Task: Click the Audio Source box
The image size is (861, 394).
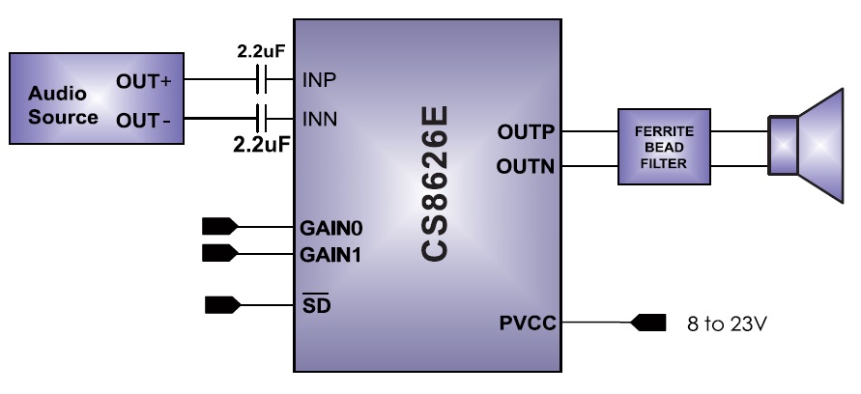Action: pyautogui.click(x=96, y=99)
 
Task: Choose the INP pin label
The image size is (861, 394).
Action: pyautogui.click(x=319, y=79)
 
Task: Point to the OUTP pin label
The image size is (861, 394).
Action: pyautogui.click(x=527, y=130)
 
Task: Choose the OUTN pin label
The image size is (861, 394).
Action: pyautogui.click(x=527, y=166)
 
